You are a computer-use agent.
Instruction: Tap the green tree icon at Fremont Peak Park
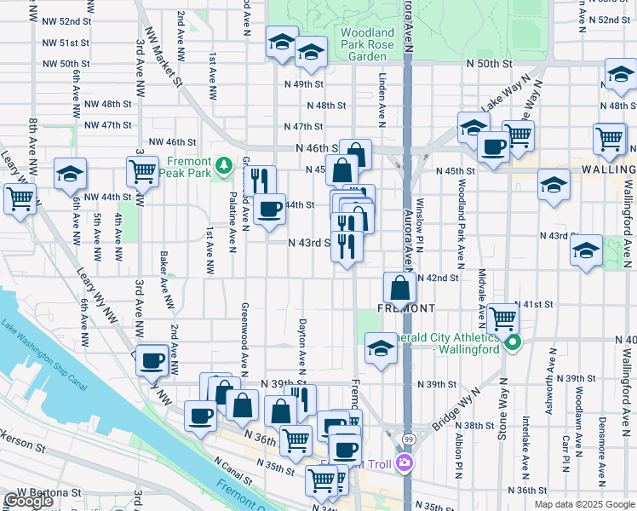223,164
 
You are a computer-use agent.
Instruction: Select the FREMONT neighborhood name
406,307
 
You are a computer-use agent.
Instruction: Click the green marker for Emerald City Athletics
512,343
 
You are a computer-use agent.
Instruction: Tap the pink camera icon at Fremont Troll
404,464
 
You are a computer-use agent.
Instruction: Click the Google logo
29,501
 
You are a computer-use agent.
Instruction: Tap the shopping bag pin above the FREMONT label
399,287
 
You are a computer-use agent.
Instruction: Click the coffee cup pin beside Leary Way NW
152,360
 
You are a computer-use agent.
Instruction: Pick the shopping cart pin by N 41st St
503,319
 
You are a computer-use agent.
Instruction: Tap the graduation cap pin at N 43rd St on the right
586,250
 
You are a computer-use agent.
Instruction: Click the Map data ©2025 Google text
583,504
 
